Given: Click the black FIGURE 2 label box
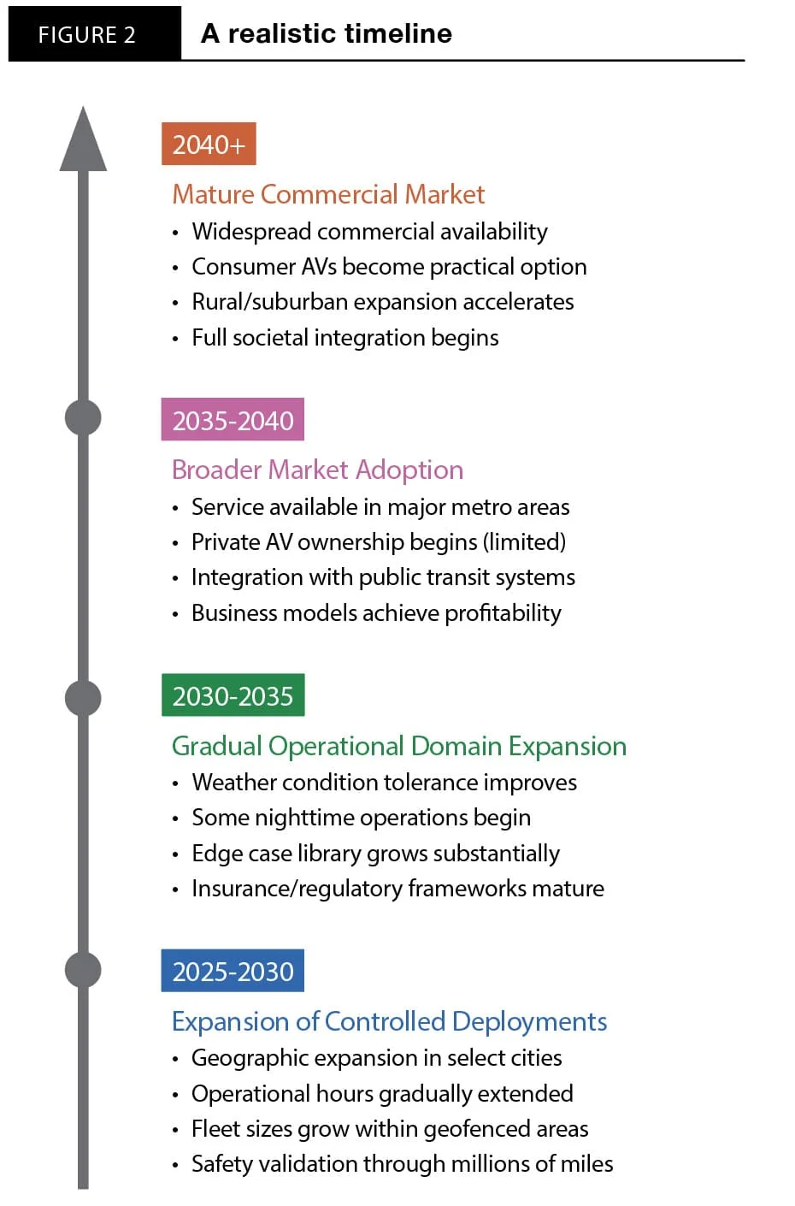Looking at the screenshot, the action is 95,33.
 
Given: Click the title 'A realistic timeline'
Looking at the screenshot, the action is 327,33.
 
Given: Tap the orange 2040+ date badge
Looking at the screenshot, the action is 209,144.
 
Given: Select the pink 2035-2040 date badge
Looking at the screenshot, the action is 233,419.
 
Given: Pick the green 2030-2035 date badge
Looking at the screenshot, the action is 233,695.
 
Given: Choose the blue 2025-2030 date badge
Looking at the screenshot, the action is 233,971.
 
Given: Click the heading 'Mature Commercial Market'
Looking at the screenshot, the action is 328,194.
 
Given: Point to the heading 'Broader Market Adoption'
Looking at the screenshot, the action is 317,470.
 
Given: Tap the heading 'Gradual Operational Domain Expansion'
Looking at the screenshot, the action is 399,746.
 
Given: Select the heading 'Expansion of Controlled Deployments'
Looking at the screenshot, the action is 390,1022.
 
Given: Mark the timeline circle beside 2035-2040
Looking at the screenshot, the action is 83,417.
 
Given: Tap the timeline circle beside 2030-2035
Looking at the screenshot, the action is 83,698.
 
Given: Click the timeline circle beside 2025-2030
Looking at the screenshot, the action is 83,970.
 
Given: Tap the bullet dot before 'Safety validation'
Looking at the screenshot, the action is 175,1166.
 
